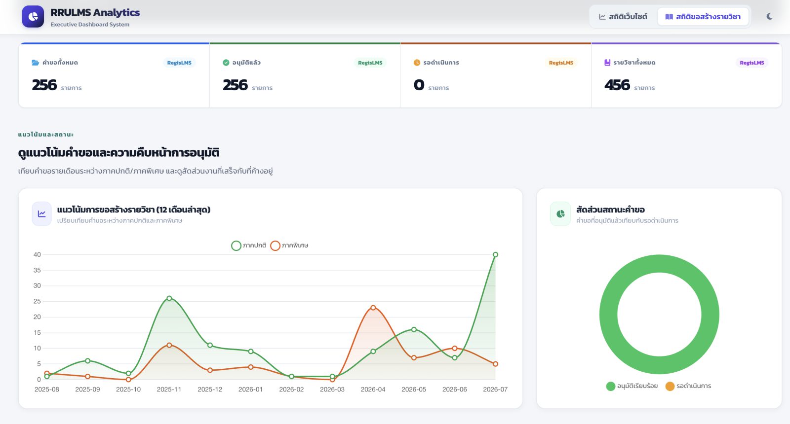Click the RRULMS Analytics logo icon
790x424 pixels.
tap(33, 17)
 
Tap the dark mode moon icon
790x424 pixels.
tap(770, 17)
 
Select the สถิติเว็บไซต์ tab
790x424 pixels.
tap(623, 17)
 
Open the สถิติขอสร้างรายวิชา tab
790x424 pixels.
tap(703, 17)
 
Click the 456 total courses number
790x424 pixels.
tap(617, 85)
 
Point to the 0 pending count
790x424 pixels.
tap(419, 85)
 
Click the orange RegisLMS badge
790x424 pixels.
tap(561, 63)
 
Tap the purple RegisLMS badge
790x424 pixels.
tap(752, 63)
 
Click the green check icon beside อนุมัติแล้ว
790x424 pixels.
tap(226, 63)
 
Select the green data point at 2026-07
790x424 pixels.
tap(495, 254)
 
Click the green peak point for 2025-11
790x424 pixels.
tap(169, 298)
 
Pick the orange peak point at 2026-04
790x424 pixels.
tap(373, 308)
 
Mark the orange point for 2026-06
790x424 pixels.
tap(455, 348)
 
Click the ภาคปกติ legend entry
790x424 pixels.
tap(249, 246)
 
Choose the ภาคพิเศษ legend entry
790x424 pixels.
tap(289, 246)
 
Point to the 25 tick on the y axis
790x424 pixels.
tap(37, 301)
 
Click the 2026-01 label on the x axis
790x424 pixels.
tap(250, 389)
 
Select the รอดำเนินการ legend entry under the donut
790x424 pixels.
tap(688, 386)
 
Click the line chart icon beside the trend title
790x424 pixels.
tap(41, 214)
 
